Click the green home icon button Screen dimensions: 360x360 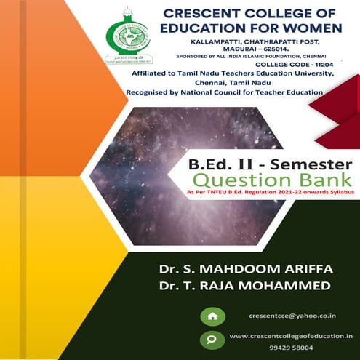pos(212,316)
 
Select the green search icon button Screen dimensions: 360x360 pos(212,339)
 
